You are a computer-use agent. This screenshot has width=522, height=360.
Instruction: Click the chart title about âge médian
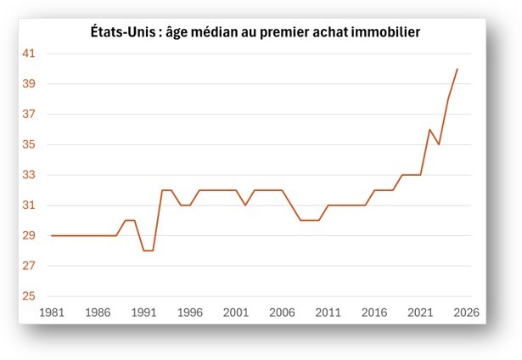[255, 32]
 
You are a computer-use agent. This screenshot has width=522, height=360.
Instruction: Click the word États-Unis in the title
[122, 32]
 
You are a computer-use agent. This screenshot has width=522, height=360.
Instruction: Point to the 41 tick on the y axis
[30, 53]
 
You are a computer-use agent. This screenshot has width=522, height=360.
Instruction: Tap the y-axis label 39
[30, 84]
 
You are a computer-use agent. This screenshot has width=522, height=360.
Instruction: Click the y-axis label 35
[30, 145]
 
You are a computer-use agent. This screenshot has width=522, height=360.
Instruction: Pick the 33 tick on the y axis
[30, 175]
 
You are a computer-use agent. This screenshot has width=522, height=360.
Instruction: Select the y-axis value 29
[30, 236]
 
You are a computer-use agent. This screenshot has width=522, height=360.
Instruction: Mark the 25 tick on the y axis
[30, 296]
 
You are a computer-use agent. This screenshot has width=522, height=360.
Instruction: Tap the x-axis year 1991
[143, 312]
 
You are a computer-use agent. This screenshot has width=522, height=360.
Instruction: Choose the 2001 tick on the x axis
[236, 312]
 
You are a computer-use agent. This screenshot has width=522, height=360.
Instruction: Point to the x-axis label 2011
[328, 312]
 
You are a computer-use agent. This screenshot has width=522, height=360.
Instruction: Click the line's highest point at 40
[457, 69]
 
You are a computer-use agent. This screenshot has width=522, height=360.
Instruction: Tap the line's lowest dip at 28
[148, 250]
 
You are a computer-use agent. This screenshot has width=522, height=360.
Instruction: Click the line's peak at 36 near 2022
[429, 129]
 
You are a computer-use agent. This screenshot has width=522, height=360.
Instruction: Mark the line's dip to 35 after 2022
[439, 144]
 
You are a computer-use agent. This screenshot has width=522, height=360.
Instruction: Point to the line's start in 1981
[51, 235]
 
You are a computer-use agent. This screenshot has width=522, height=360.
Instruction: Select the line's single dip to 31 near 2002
[245, 205]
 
